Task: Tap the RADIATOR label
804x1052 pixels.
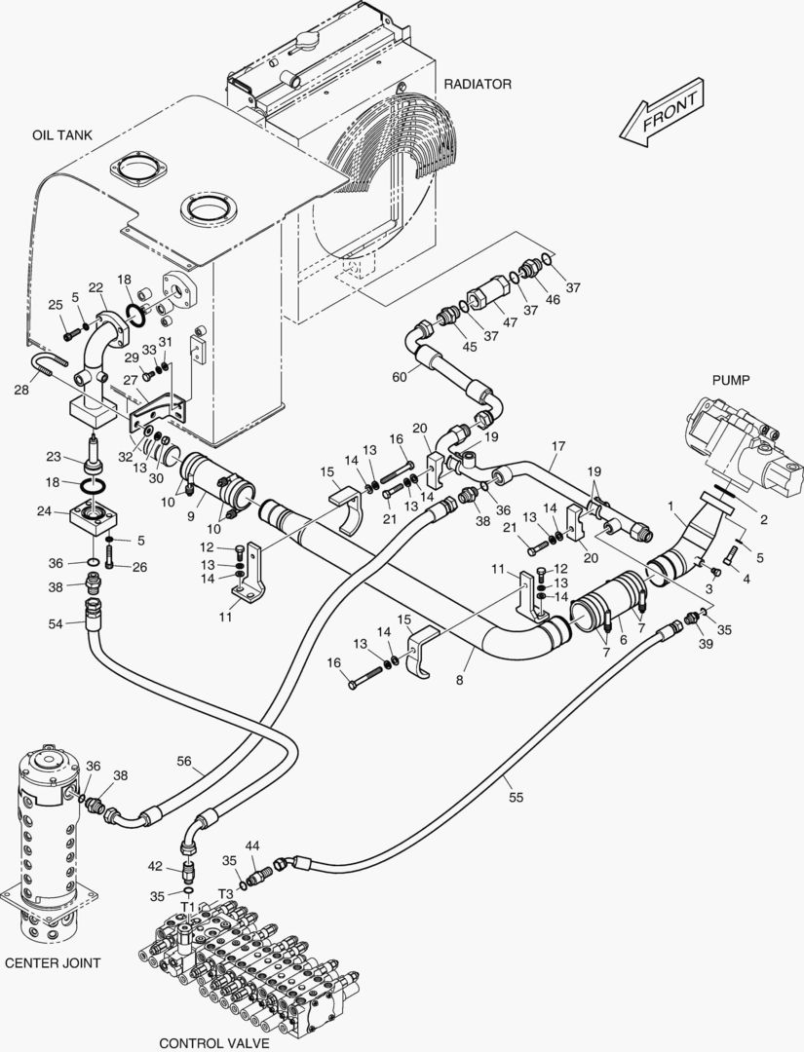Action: point(478,84)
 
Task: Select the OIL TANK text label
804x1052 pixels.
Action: point(61,135)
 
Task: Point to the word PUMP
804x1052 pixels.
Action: point(730,380)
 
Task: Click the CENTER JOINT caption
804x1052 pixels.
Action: point(53,962)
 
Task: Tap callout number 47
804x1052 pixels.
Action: point(509,321)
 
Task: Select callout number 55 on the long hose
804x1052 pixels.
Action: point(516,797)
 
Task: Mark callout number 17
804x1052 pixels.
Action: point(557,446)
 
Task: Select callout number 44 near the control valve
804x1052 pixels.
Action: point(251,845)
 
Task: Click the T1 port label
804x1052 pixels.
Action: point(187,906)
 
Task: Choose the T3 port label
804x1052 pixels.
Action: point(225,893)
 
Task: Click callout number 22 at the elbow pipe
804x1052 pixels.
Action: point(96,287)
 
